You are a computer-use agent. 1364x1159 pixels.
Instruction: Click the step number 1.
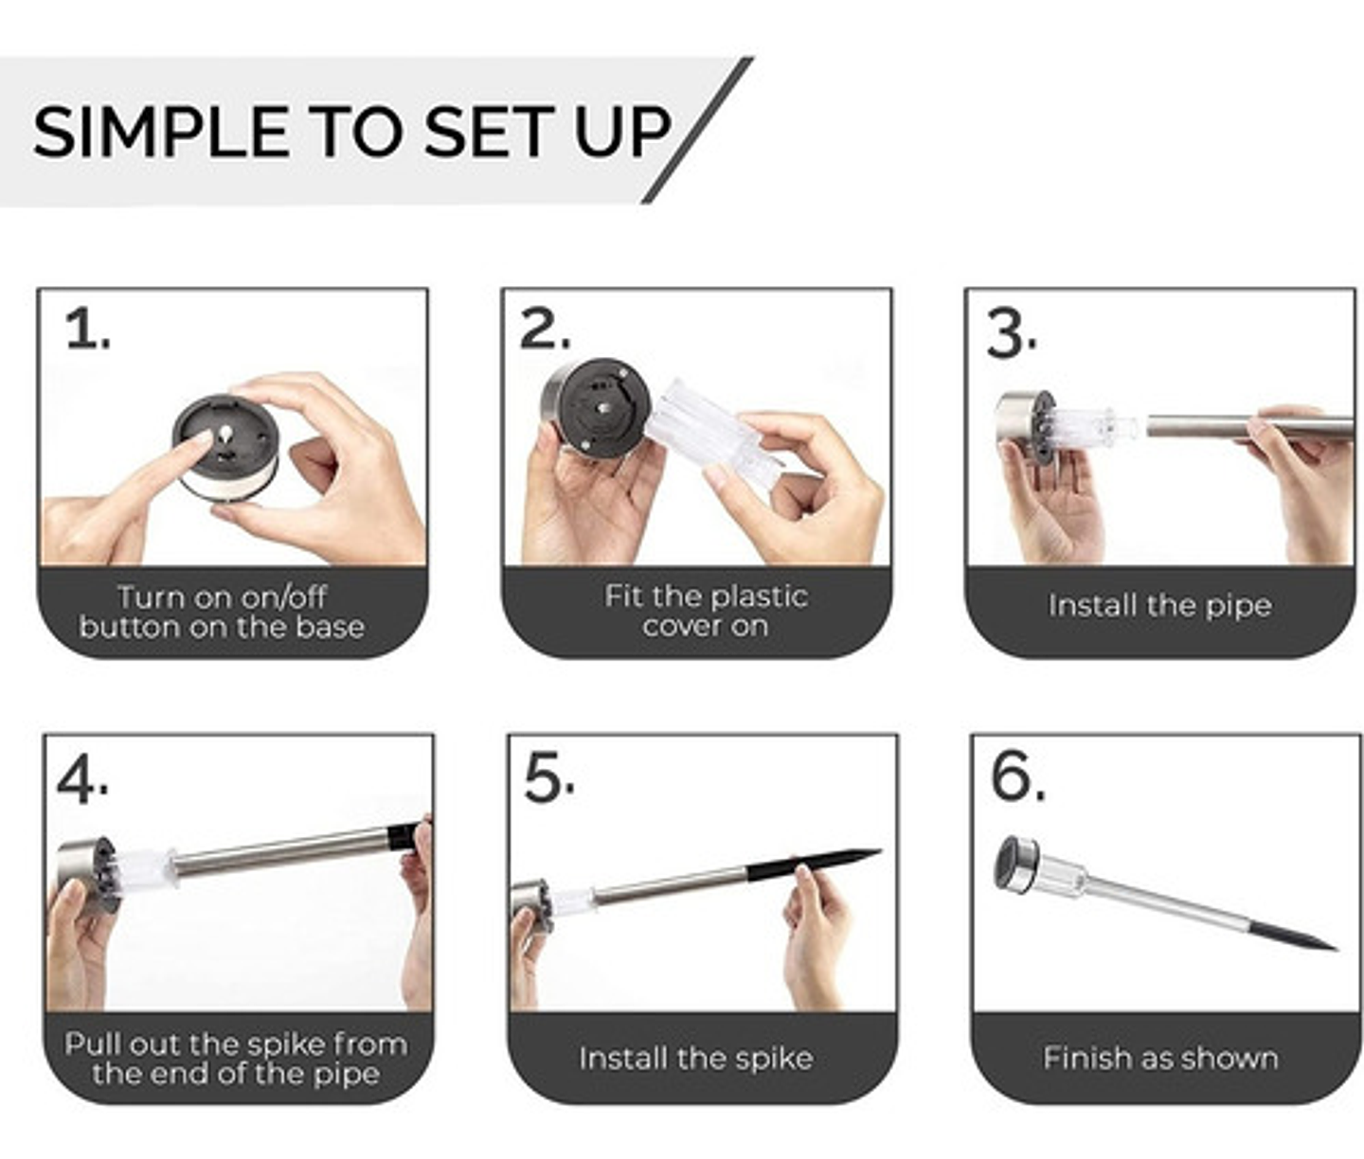[x=87, y=330]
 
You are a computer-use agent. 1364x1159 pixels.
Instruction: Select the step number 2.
[x=545, y=329]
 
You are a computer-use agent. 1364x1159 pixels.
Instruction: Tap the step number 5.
[x=548, y=778]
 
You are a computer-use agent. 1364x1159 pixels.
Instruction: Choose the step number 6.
[x=1017, y=776]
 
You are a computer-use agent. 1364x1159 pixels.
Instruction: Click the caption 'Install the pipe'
[x=1159, y=606]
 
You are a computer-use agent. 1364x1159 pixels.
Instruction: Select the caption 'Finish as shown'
[x=1160, y=1058]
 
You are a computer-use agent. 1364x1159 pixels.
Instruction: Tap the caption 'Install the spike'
[x=695, y=1059]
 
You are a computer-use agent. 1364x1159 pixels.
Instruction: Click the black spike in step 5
[x=814, y=864]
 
